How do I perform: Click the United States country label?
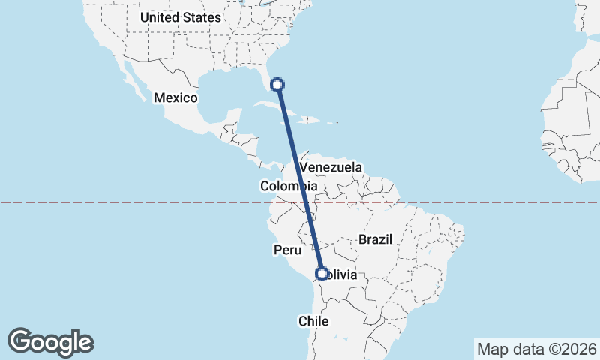pyautogui.click(x=181, y=17)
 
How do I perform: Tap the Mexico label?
pyautogui.click(x=175, y=98)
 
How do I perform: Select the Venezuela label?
pyautogui.click(x=331, y=167)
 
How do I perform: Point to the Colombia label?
pyautogui.click(x=288, y=186)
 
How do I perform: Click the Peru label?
pyautogui.click(x=286, y=250)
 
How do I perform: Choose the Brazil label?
pyautogui.click(x=376, y=239)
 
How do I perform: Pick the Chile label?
pyautogui.click(x=314, y=321)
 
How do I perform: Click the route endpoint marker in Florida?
pyautogui.click(x=277, y=85)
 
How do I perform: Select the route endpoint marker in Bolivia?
pyautogui.click(x=322, y=274)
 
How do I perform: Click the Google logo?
pyautogui.click(x=51, y=342)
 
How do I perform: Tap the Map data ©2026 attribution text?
pyautogui.click(x=536, y=349)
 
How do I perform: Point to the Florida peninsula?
pyautogui.click(x=268, y=79)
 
